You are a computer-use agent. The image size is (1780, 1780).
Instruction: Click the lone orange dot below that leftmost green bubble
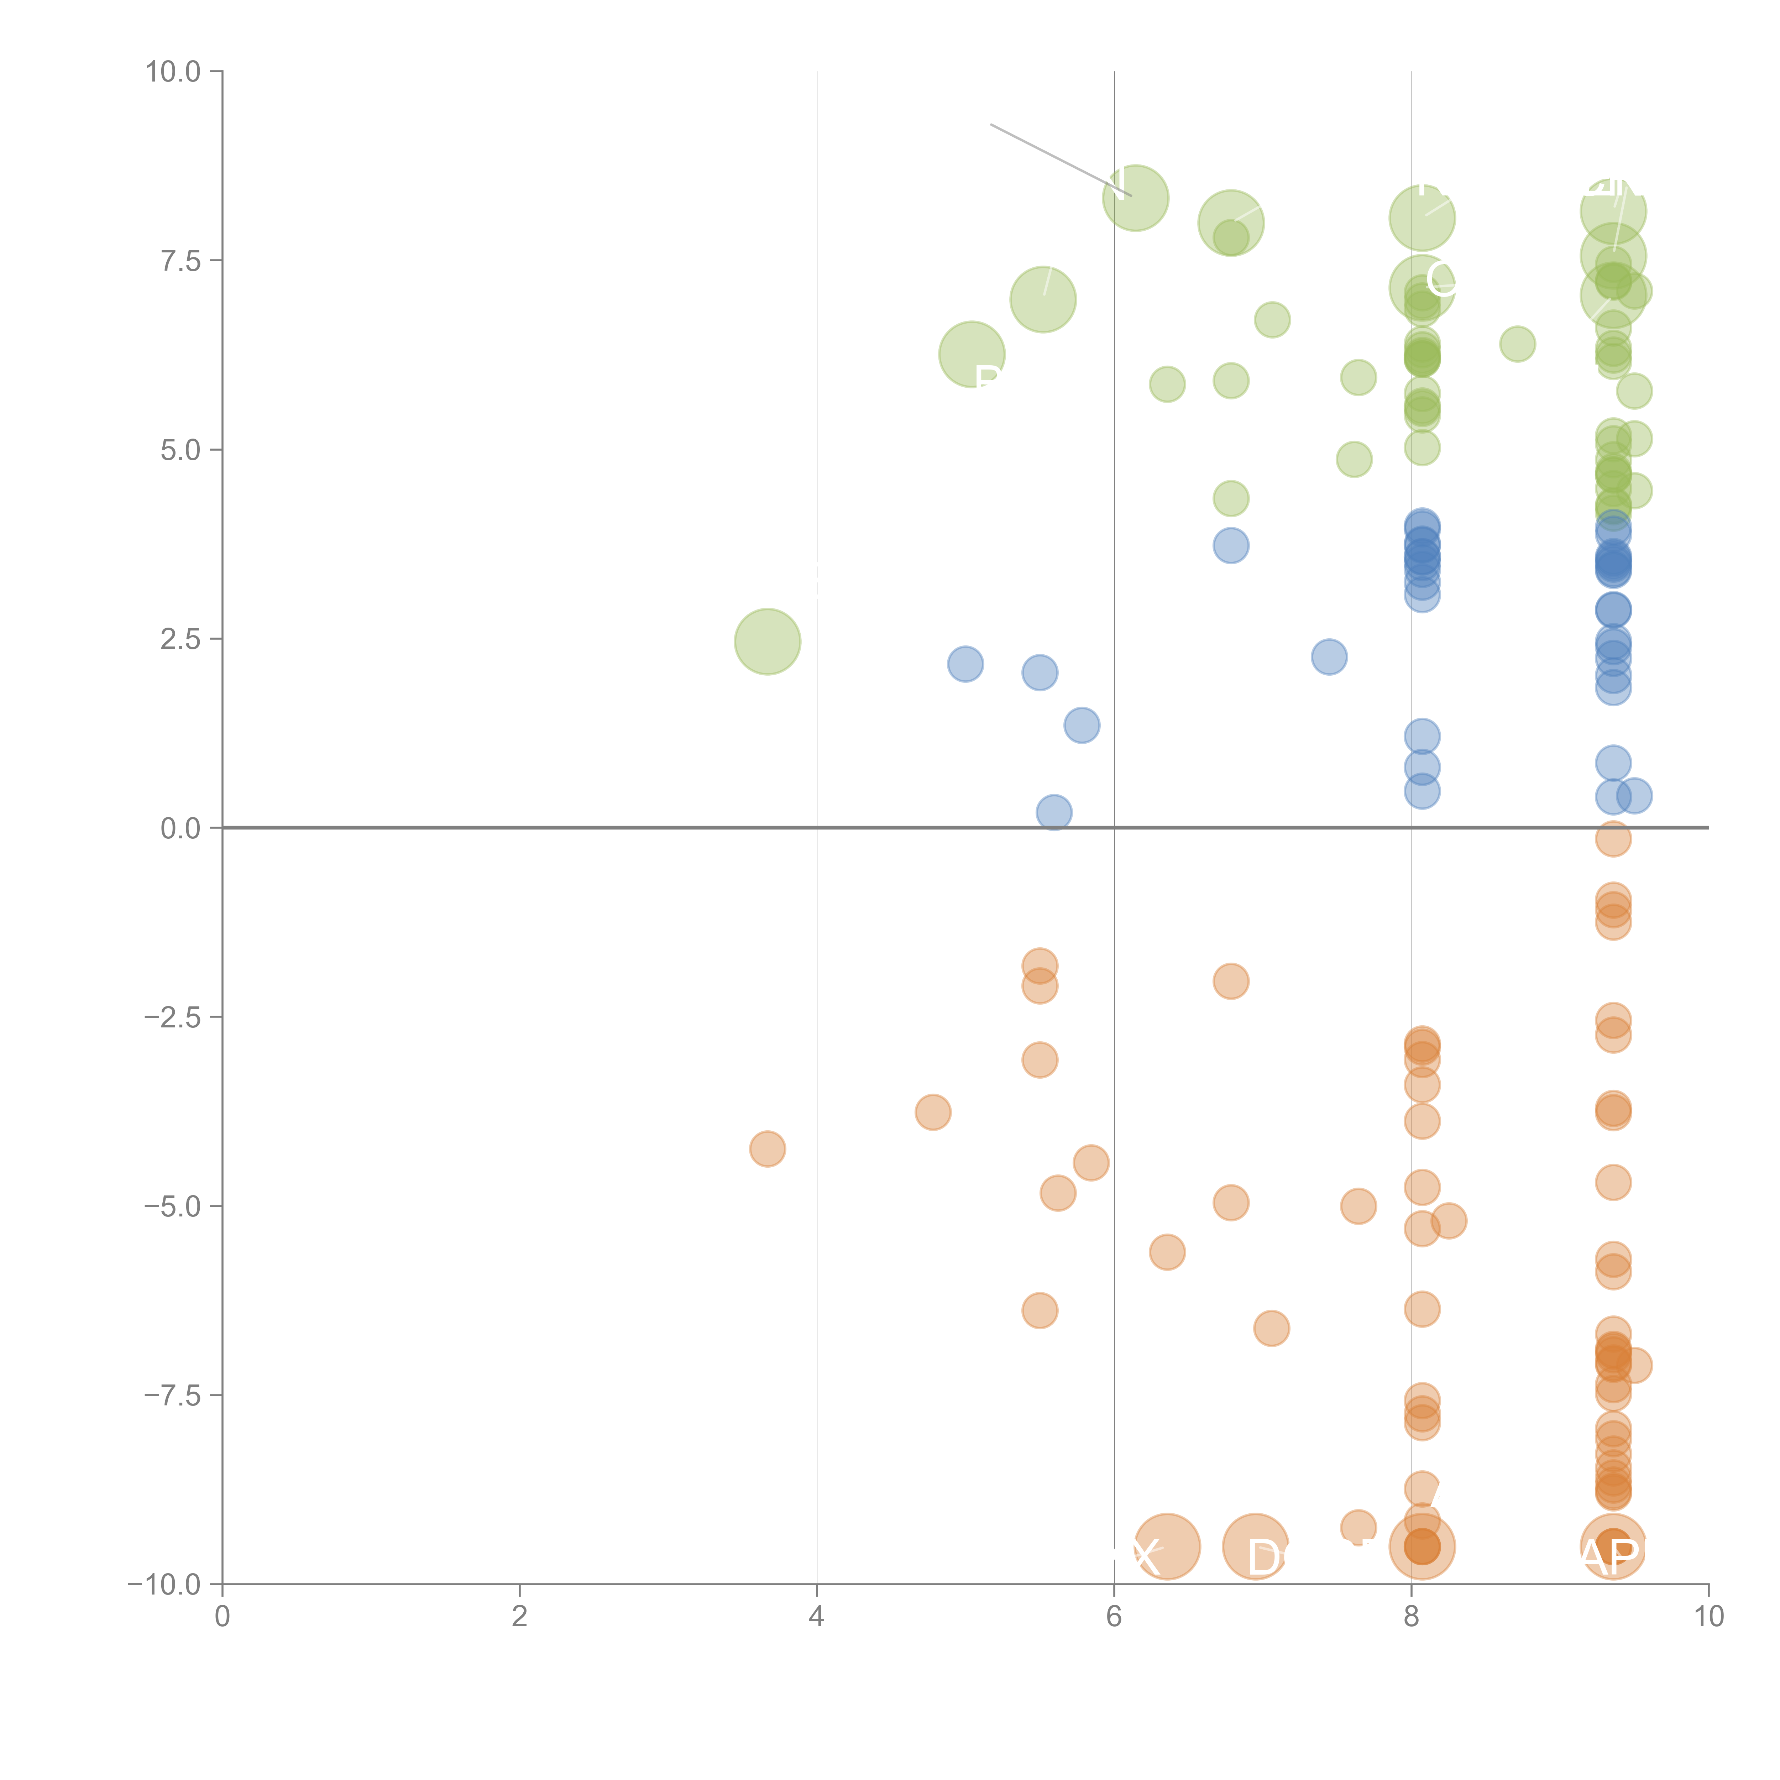(x=768, y=1149)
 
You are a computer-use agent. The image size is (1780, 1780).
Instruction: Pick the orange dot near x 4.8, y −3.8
(x=933, y=1112)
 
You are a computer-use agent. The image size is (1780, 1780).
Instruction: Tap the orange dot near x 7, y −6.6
(x=1271, y=1328)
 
